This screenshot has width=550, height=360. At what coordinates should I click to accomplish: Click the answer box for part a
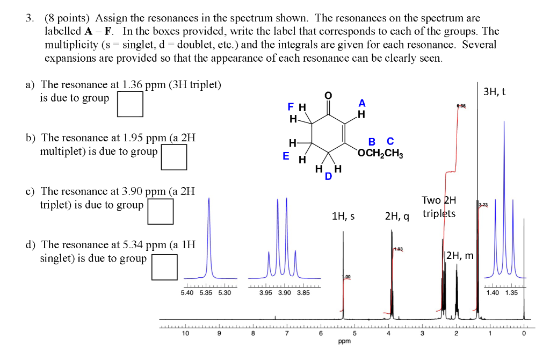[x=131, y=104]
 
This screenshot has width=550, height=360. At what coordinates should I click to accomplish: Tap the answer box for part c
[x=161, y=211]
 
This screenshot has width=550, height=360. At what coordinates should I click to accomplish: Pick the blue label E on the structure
[x=286, y=156]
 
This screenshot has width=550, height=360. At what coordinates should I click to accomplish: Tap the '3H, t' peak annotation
[x=495, y=92]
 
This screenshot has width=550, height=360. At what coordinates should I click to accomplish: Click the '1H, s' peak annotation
[x=344, y=217]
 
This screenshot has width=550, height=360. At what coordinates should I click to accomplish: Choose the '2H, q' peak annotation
[x=396, y=217]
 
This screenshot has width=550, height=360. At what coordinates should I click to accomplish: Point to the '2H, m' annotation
[x=460, y=256]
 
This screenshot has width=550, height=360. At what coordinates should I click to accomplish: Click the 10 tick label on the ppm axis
[x=185, y=334]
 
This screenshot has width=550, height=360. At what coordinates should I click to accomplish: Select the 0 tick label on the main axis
[x=524, y=334]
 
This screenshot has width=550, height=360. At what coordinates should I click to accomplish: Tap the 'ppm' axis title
[x=344, y=341]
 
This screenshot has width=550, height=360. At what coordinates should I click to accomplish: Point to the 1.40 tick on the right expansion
[x=493, y=293]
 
